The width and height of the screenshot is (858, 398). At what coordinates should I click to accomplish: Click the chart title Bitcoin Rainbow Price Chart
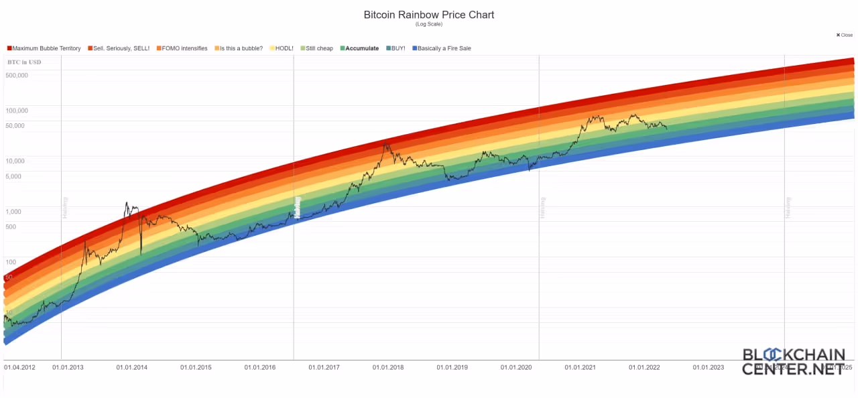tap(428, 14)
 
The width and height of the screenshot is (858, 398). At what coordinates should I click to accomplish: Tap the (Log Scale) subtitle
tap(428, 24)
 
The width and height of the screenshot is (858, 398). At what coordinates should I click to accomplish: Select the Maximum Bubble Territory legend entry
tap(46, 48)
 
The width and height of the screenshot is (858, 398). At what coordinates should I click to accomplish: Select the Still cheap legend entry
tap(319, 48)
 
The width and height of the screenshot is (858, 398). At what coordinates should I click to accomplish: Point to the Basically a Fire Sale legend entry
tap(444, 48)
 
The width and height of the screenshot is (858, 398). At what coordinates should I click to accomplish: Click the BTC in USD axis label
tap(24, 62)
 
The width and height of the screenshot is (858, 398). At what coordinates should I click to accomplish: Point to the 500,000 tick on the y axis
tap(17, 75)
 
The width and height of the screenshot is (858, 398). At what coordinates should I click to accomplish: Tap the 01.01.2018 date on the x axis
tap(388, 367)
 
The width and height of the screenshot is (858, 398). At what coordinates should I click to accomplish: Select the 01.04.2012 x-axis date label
tap(19, 367)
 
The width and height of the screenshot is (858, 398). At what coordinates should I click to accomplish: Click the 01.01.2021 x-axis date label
tap(580, 367)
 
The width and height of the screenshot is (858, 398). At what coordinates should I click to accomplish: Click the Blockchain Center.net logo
tap(792, 361)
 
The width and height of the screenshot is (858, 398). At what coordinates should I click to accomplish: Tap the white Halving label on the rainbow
tap(298, 207)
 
